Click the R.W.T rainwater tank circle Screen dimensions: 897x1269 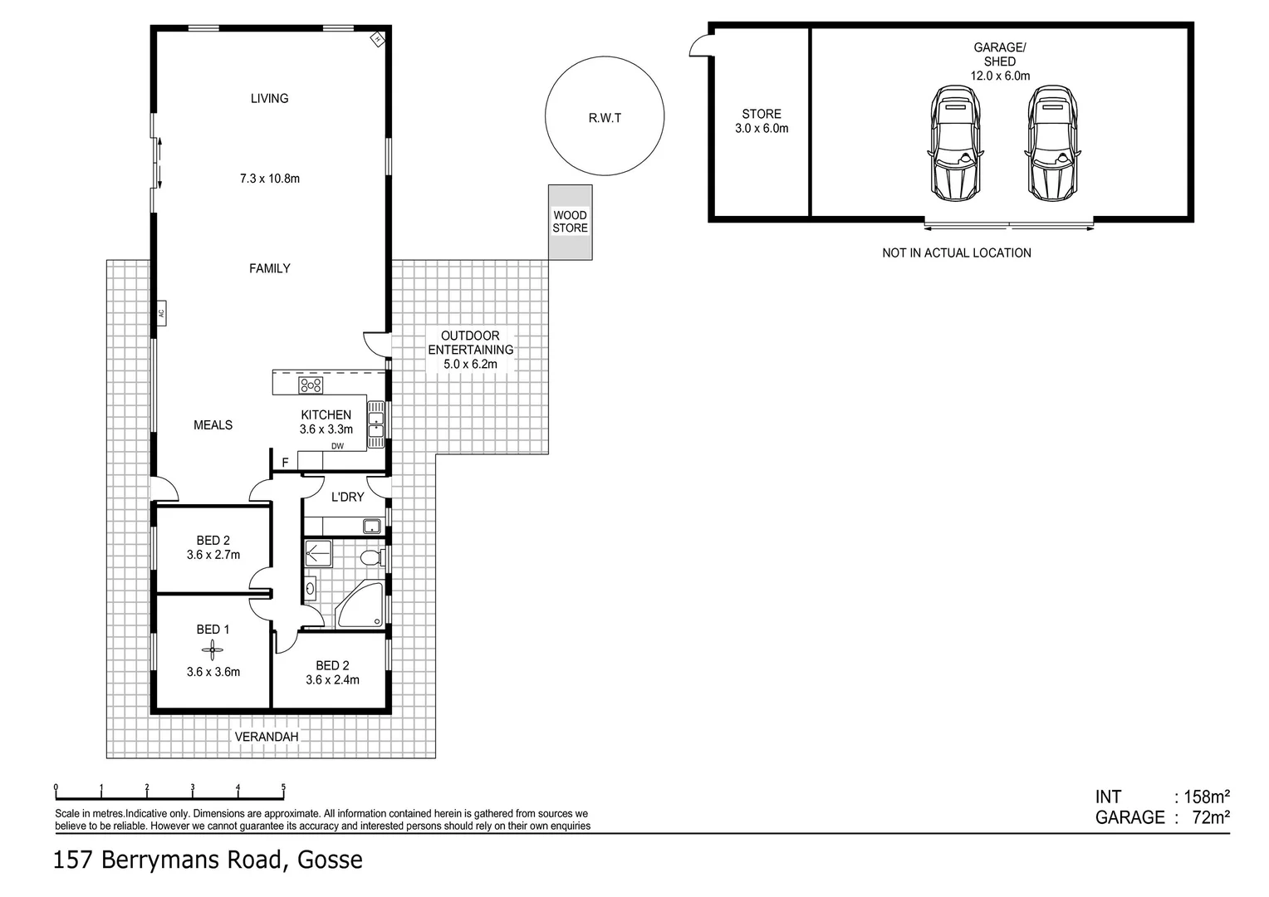tap(605, 116)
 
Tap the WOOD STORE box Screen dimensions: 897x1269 tap(570, 222)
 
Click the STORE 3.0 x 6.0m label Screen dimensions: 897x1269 tap(761, 121)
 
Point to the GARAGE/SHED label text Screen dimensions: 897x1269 tap(1000, 55)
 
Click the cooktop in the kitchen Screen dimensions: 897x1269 tap(311, 385)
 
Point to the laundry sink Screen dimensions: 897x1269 tap(371, 526)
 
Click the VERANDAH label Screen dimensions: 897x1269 tap(266, 737)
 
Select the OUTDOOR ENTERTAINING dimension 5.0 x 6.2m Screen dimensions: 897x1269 tap(470, 364)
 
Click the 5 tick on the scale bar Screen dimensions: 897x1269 tap(283, 788)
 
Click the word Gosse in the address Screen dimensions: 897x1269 tap(331, 860)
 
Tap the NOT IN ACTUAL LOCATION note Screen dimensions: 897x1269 tap(956, 252)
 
